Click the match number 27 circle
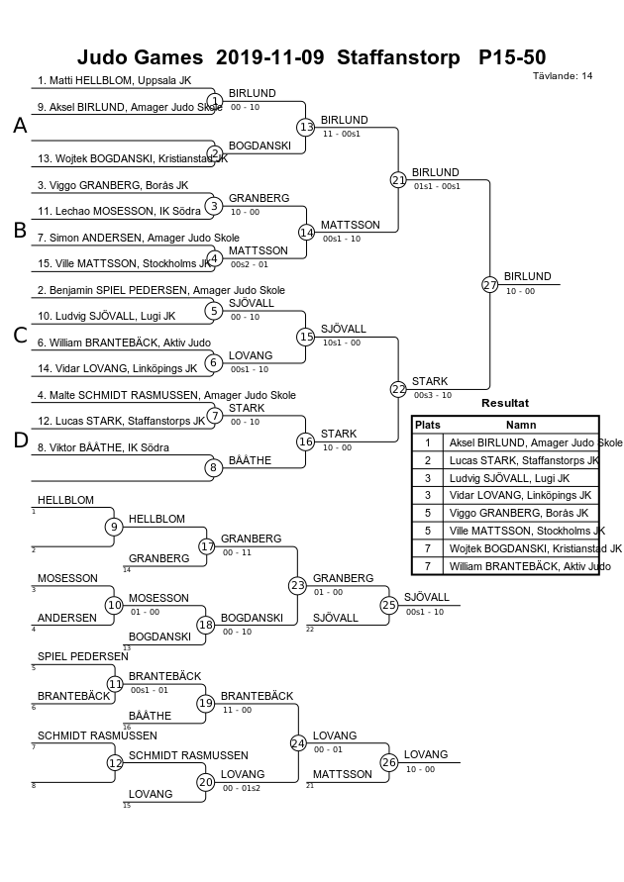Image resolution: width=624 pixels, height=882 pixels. [x=489, y=285]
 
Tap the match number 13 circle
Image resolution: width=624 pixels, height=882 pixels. [x=305, y=127]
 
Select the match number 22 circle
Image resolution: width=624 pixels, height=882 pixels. [x=398, y=389]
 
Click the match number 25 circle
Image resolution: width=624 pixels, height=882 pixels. [x=389, y=605]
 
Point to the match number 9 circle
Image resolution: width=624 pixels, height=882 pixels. [x=114, y=527]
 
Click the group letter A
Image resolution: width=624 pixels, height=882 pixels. [x=20, y=126]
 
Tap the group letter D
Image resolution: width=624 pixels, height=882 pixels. [x=20, y=440]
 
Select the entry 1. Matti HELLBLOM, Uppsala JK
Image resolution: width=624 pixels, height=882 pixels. [x=114, y=80]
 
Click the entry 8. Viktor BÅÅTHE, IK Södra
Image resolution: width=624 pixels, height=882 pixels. [x=103, y=447]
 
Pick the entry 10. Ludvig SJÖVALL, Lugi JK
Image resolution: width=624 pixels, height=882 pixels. [x=106, y=316]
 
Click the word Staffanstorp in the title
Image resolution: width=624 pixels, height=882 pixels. [x=398, y=57]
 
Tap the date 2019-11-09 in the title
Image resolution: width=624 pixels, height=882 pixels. [x=270, y=57]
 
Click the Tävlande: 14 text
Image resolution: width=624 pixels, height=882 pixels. [x=563, y=76]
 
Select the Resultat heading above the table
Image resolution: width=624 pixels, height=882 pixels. [x=505, y=403]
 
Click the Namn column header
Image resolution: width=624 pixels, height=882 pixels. [x=521, y=426]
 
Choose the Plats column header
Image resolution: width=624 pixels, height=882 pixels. [x=428, y=426]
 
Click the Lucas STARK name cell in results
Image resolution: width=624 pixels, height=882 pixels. [x=522, y=460]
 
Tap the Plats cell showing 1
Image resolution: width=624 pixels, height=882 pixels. [x=428, y=442]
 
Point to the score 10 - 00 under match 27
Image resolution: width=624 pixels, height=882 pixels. [x=520, y=291]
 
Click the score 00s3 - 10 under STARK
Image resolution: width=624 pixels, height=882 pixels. [x=433, y=395]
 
